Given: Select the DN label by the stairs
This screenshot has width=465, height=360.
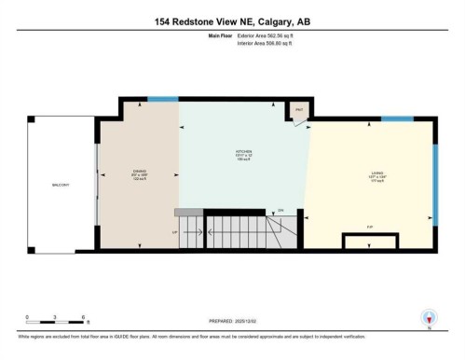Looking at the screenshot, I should tap(280, 212).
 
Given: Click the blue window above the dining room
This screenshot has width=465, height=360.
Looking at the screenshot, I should tap(163, 98).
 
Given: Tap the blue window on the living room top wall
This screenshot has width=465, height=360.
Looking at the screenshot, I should tap(398, 118).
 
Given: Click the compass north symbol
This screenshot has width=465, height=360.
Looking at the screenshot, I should tap(428, 317).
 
